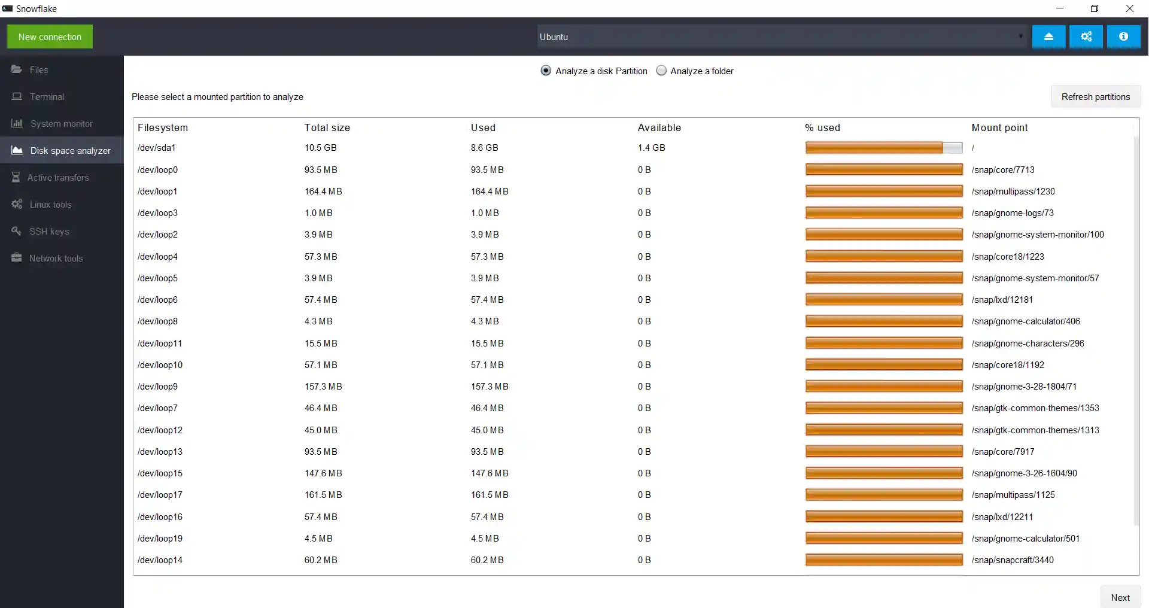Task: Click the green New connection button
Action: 50,37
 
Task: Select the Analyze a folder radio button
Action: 661,71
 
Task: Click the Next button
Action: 1120,597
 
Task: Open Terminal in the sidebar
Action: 47,97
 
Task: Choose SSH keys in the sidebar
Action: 49,232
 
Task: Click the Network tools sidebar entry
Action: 56,259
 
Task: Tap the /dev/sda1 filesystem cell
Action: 157,148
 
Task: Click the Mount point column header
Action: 999,127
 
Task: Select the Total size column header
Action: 327,127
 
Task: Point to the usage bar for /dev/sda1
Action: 883,148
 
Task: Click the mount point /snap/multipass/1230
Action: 1013,191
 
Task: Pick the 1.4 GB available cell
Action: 651,148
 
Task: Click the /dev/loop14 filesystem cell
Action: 160,560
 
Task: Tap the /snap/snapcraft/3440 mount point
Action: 1013,560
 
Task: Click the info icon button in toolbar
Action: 1123,37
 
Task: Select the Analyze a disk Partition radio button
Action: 546,71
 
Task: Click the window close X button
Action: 1129,8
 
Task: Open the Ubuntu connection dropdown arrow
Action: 1020,37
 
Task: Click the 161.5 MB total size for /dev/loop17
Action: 323,495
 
